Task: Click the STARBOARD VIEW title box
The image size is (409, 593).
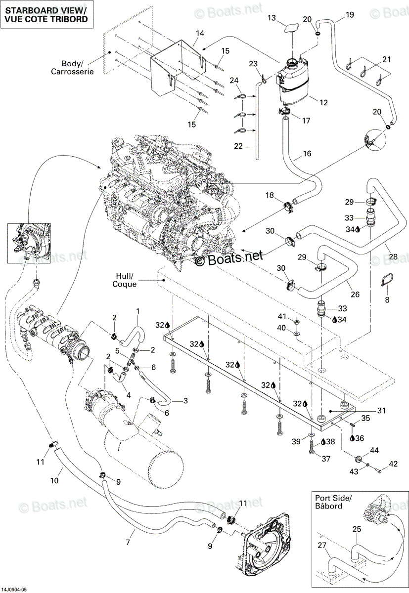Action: click(46, 14)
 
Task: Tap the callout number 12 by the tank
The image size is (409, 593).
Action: click(324, 102)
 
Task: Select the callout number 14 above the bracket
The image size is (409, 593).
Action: click(200, 34)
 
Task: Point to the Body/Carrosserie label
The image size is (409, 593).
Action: click(72, 68)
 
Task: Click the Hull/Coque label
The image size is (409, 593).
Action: click(125, 280)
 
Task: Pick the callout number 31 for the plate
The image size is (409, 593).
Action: click(381, 411)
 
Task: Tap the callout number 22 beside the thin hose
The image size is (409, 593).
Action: click(238, 146)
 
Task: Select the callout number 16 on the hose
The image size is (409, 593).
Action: click(307, 153)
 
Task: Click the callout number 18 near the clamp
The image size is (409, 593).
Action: click(270, 195)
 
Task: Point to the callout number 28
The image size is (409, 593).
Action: click(393, 256)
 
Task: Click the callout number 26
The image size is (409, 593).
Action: click(355, 294)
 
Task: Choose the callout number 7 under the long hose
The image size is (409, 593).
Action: click(128, 542)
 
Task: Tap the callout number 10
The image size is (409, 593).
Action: click(54, 480)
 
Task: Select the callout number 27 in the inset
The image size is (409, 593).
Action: click(322, 545)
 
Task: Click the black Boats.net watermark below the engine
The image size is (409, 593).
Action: click(229, 258)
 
